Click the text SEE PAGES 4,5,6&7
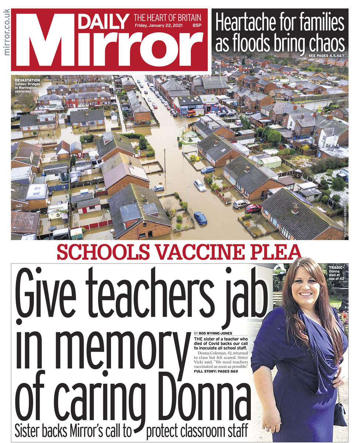(x=326, y=56)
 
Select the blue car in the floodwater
(x=200, y=218)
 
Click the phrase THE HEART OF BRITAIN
(x=167, y=17)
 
